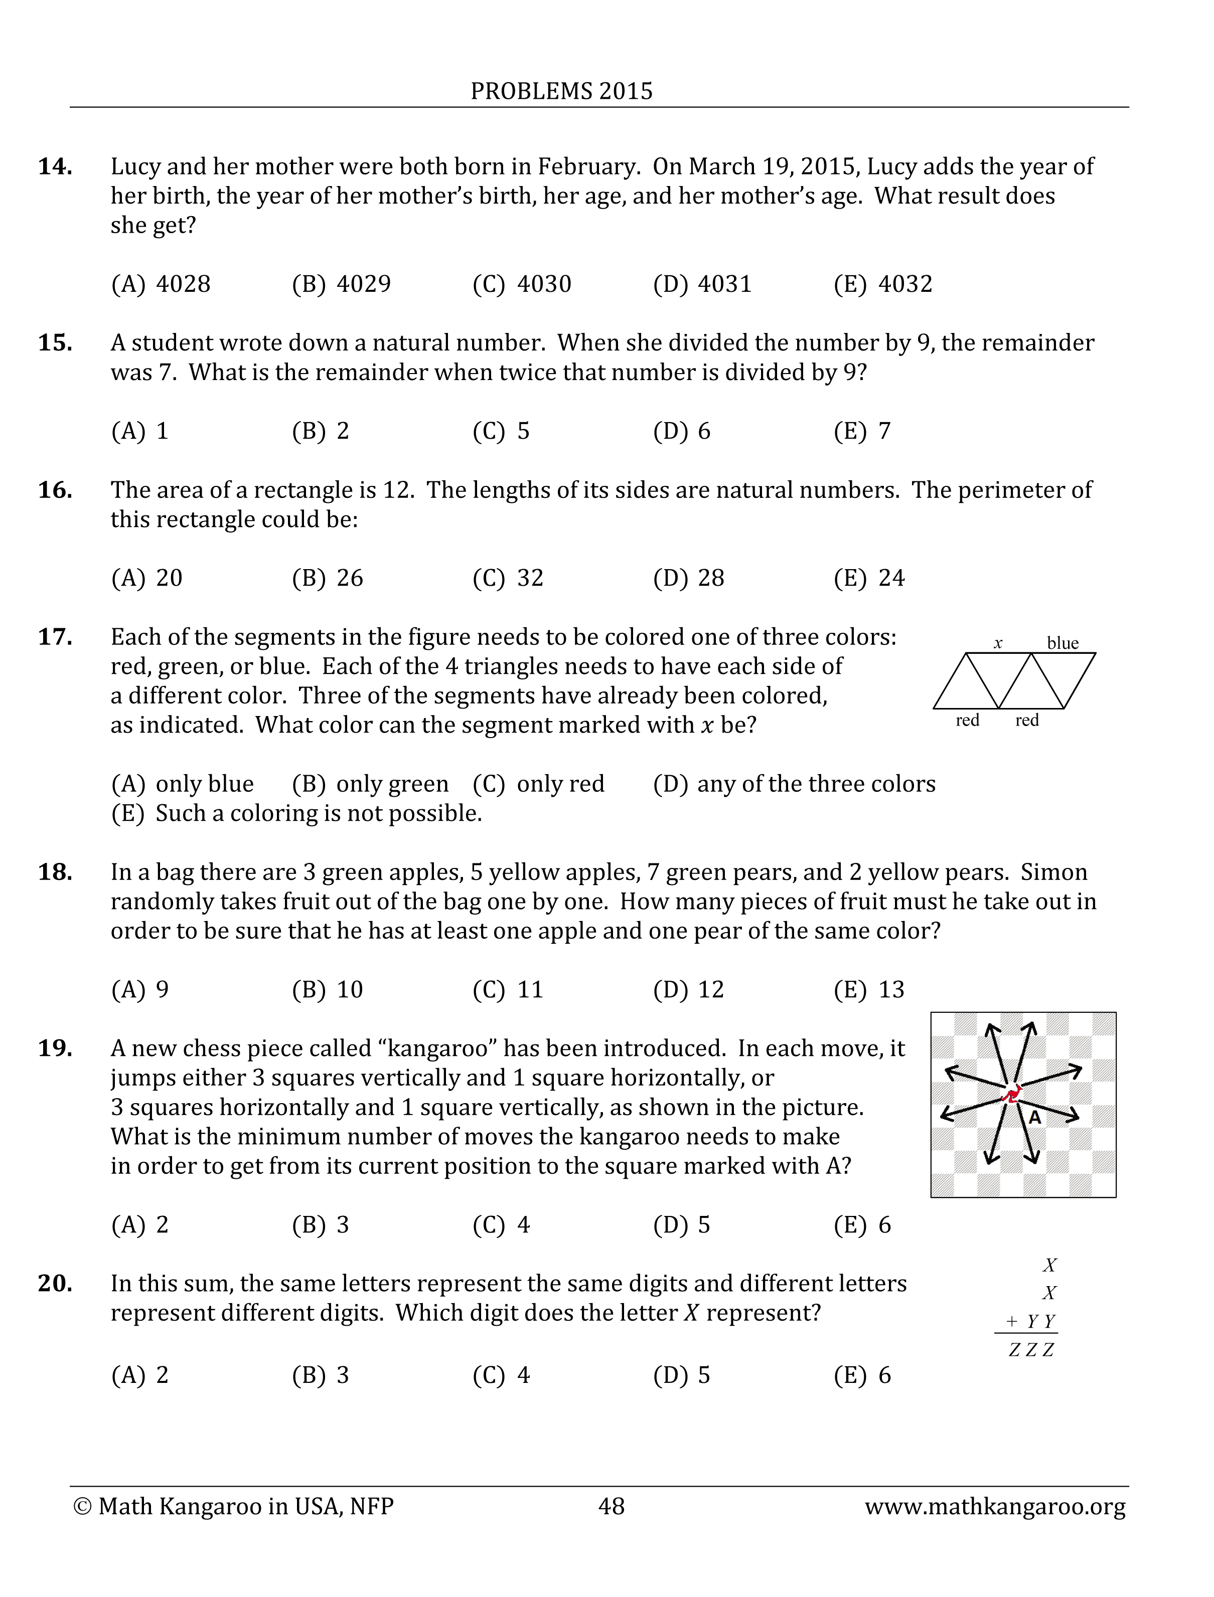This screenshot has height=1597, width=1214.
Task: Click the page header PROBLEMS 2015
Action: pyautogui.click(x=561, y=91)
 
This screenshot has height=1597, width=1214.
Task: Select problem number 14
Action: pyautogui.click(x=55, y=167)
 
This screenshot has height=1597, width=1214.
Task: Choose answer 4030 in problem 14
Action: pyautogui.click(x=522, y=284)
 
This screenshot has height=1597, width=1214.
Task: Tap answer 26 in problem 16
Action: pyautogui.click(x=328, y=578)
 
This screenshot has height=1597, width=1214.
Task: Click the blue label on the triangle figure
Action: pyautogui.click(x=1063, y=643)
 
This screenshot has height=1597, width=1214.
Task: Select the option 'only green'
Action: pyautogui.click(x=370, y=784)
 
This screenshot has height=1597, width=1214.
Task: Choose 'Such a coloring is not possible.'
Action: pyautogui.click(x=296, y=813)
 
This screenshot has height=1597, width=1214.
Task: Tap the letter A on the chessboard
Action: pyautogui.click(x=1035, y=1117)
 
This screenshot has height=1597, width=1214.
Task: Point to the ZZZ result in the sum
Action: pyautogui.click(x=1031, y=1349)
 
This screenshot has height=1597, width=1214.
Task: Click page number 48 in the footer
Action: pyautogui.click(x=612, y=1506)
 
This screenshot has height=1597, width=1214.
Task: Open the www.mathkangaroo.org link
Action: pyautogui.click(x=995, y=1506)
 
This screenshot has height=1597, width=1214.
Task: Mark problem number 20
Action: pyautogui.click(x=55, y=1284)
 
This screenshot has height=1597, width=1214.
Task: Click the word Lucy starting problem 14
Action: pyautogui.click(x=136, y=167)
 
